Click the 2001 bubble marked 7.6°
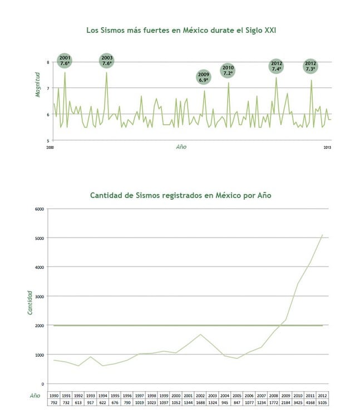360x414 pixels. coord(65,61)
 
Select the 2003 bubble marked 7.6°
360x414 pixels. coord(107,61)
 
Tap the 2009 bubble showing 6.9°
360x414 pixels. coord(204,77)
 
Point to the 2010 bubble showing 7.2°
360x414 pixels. coord(228,70)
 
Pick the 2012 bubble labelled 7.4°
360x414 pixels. coord(277,66)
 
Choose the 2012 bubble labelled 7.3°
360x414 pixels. coord(310,66)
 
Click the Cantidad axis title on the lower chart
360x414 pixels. coord(30,302)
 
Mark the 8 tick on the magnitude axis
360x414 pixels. coord(48,62)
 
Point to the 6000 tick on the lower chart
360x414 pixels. coord(39,209)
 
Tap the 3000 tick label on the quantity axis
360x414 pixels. coord(39,297)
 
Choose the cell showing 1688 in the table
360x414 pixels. coord(201,402)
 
